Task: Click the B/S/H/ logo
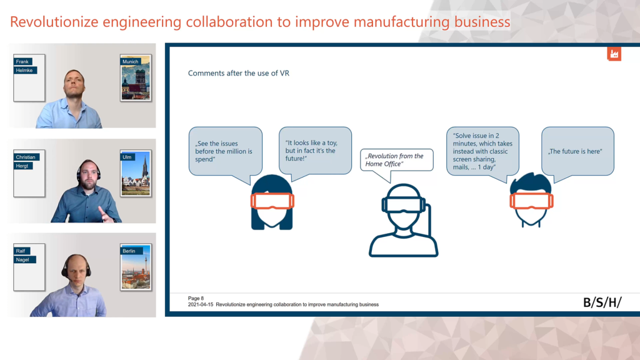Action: pyautogui.click(x=602, y=302)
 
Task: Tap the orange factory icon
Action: pyautogui.click(x=614, y=54)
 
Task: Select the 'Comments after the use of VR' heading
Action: pyautogui.click(x=238, y=73)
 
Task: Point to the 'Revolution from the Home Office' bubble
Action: pyautogui.click(x=396, y=161)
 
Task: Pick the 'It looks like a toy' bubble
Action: pyautogui.click(x=315, y=152)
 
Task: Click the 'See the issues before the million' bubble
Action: pyautogui.click(x=225, y=152)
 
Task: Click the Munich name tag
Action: pyautogui.click(x=131, y=62)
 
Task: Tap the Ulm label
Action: pyautogui.click(x=127, y=157)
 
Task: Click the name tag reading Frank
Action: pyautogui.click(x=22, y=62)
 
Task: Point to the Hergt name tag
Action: pyautogui.click(x=22, y=166)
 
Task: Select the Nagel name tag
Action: pyautogui.click(x=23, y=259)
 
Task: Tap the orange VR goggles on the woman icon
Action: pyautogui.click(x=272, y=201)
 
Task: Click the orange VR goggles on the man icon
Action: pyautogui.click(x=531, y=201)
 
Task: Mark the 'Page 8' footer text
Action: pyautogui.click(x=196, y=298)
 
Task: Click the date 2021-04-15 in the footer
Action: pyautogui.click(x=201, y=304)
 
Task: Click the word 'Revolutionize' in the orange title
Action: pyautogui.click(x=54, y=22)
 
